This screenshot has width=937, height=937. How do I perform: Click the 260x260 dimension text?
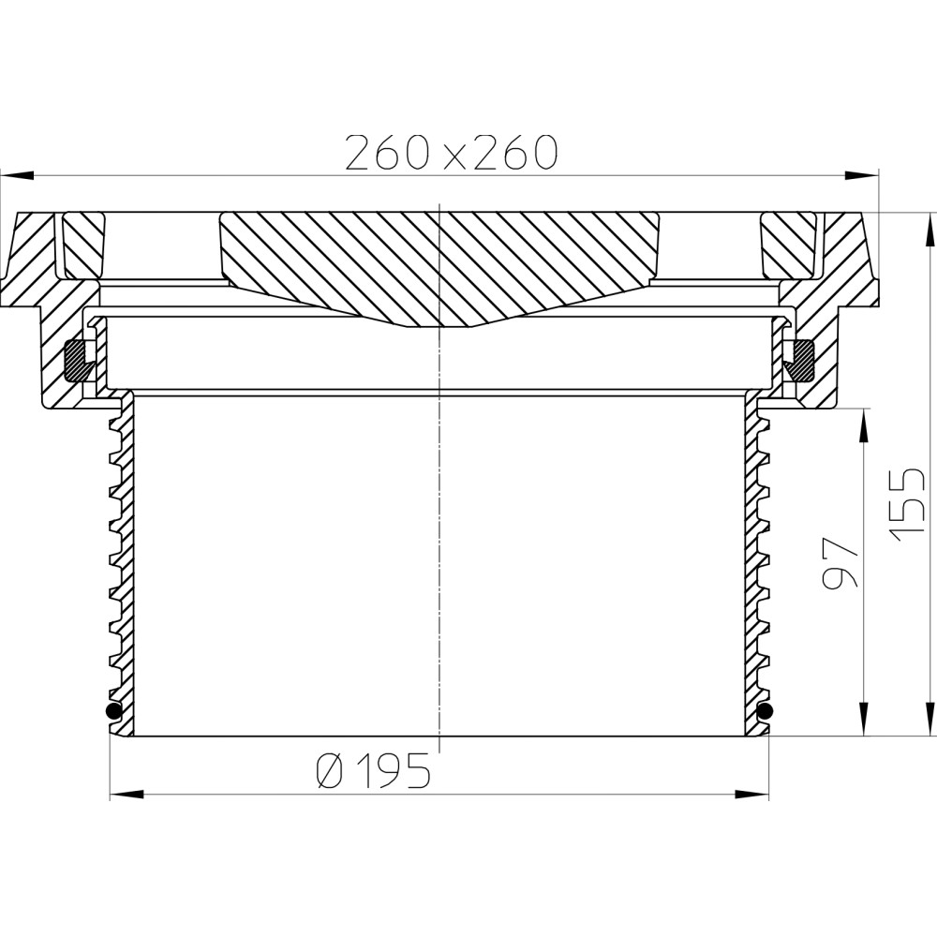pyautogui.click(x=452, y=153)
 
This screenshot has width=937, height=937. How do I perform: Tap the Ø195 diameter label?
pyautogui.click(x=373, y=770)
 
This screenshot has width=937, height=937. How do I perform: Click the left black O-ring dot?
pyautogui.click(x=113, y=710)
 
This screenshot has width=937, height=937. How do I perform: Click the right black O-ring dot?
pyautogui.click(x=765, y=710)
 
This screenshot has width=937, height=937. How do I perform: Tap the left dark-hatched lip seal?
pyautogui.click(x=77, y=361)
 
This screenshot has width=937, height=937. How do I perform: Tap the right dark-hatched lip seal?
pyautogui.click(x=800, y=361)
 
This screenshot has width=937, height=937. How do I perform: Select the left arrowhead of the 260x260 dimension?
pyautogui.click(x=17, y=176)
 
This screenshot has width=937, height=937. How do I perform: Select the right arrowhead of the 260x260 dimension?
pyautogui.click(x=862, y=176)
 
